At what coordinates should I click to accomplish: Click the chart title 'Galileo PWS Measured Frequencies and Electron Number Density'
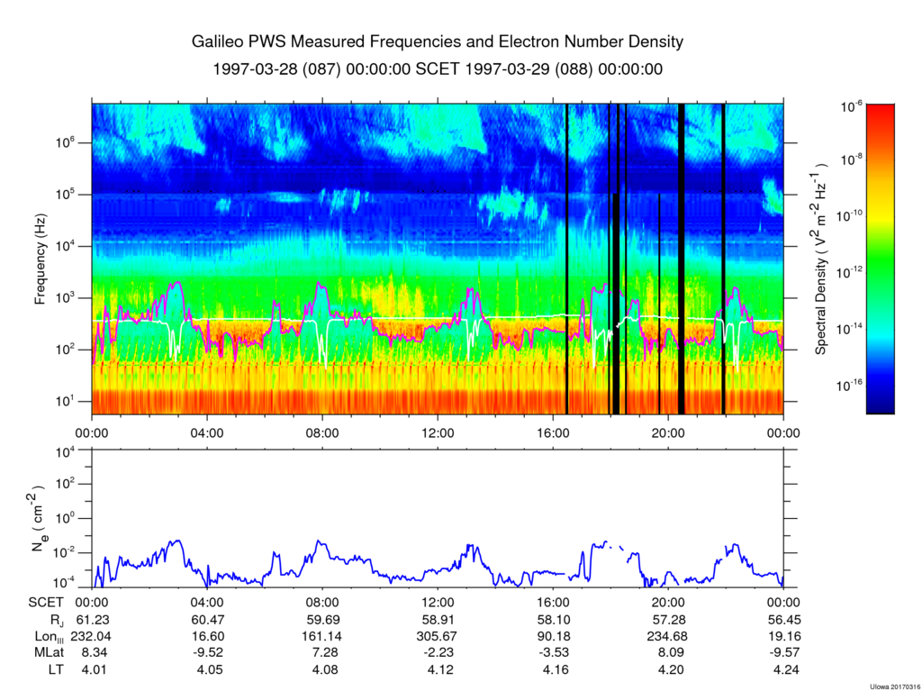438,42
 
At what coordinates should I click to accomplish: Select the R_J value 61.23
92,620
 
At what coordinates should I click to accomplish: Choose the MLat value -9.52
207,652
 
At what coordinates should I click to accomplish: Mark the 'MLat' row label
46,652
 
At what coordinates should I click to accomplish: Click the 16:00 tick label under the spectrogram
553,432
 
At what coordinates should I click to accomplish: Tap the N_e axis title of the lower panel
41,520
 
